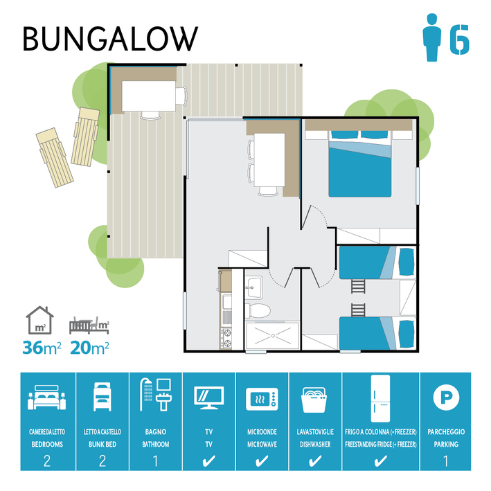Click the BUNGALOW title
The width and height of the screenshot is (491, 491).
110,39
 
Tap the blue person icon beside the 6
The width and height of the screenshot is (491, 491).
432,37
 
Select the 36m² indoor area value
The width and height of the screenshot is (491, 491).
42,347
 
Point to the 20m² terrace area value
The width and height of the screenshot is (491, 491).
89,347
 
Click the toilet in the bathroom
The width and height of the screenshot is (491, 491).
258,311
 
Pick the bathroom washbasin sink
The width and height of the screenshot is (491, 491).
253,287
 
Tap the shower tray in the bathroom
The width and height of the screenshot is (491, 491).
273,335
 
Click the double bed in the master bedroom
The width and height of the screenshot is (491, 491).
360,163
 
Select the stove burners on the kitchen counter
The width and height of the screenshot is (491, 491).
226,338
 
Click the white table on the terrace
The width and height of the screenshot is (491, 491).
149,96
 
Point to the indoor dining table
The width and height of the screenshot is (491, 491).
269,160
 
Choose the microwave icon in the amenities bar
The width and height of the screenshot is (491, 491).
262,399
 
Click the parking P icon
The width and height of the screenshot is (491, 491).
446,398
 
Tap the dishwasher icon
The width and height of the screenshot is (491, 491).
315,400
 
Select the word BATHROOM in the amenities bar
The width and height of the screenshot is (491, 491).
156,444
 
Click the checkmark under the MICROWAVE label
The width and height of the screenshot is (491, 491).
262,461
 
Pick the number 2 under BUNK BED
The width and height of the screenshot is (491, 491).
102,461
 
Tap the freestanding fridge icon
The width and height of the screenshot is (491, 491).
380,398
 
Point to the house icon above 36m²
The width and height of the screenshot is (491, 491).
39,320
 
